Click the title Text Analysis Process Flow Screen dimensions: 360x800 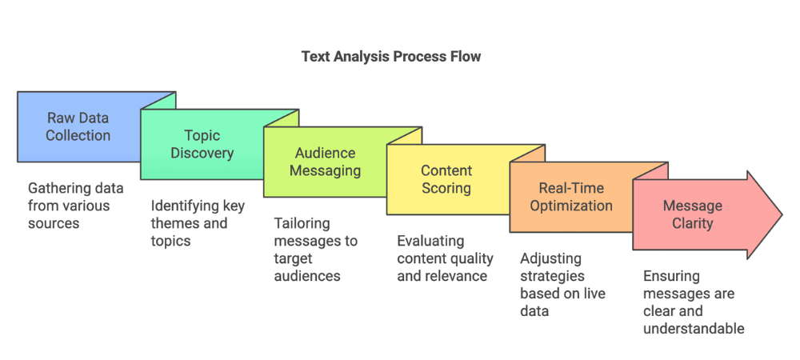(x=391, y=57)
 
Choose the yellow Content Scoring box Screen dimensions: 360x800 (x=446, y=180)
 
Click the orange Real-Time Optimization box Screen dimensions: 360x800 (x=570, y=197)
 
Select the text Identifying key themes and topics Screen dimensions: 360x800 (x=198, y=223)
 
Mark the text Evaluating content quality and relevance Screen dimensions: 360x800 (x=445, y=258)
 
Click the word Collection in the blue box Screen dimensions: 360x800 (x=78, y=135)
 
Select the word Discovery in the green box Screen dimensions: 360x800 (x=202, y=153)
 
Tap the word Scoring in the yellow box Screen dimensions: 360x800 (x=446, y=188)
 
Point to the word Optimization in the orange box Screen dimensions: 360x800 (x=570, y=206)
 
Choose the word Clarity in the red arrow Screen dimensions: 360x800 (x=692, y=223)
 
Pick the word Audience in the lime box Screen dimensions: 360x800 (x=325, y=153)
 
